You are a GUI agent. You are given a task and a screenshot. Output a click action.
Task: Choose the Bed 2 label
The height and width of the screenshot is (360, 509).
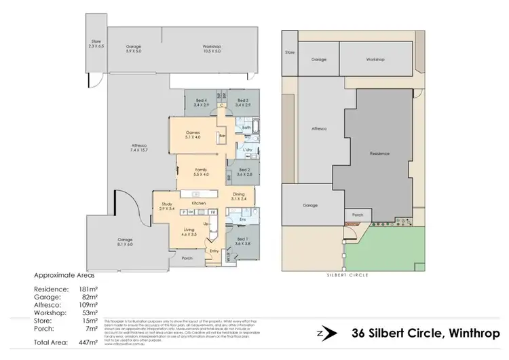pos(244,172)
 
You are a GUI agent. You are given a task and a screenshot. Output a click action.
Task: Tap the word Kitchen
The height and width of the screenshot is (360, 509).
pos(199,203)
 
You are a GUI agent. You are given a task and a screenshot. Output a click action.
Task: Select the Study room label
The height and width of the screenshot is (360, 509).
pos(167,206)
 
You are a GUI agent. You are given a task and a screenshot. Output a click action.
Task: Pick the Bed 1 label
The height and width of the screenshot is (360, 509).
pos(243,240)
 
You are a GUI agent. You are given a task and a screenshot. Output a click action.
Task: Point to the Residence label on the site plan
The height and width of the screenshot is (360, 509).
pos(379,154)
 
